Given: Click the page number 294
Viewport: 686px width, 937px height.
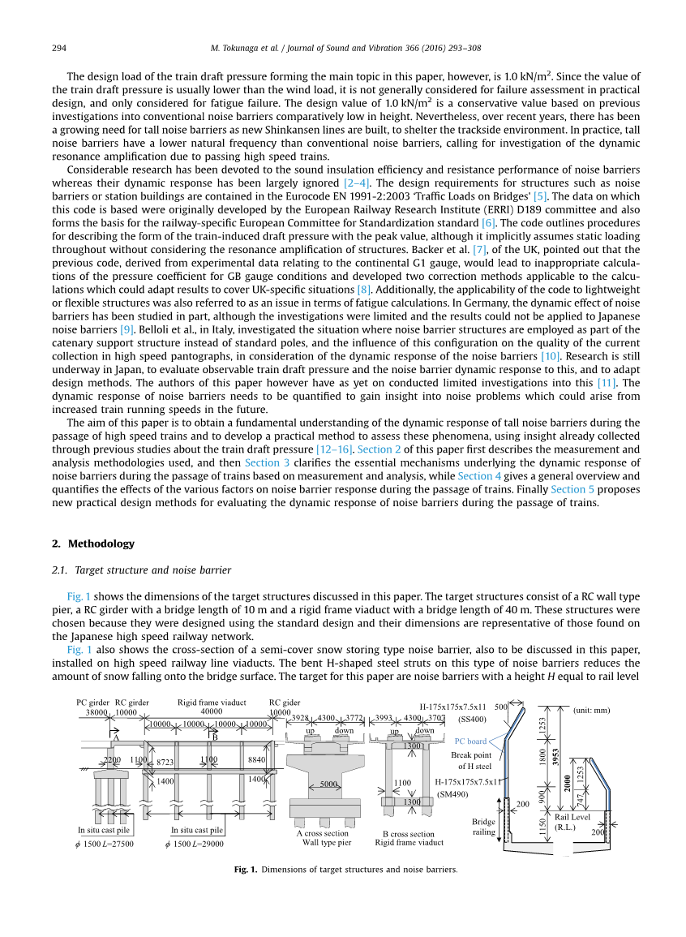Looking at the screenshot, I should click(59, 49).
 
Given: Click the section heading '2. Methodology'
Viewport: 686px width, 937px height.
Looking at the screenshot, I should click(93, 544).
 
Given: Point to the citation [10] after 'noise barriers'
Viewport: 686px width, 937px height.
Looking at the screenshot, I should click(551, 356).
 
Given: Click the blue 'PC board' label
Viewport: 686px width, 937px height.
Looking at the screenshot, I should click(470, 741).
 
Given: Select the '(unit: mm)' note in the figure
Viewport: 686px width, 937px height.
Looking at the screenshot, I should click(591, 710).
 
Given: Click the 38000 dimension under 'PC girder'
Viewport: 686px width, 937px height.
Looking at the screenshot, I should click(96, 712).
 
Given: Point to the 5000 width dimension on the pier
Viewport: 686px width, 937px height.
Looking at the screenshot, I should click(328, 784).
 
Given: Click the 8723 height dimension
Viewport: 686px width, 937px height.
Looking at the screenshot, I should click(165, 762).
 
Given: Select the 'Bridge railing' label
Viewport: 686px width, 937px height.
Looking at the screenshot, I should click(483, 826).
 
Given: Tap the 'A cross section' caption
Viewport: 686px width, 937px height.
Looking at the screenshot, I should click(322, 833).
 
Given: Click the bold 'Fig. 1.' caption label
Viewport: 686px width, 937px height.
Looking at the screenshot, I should click(246, 870).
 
